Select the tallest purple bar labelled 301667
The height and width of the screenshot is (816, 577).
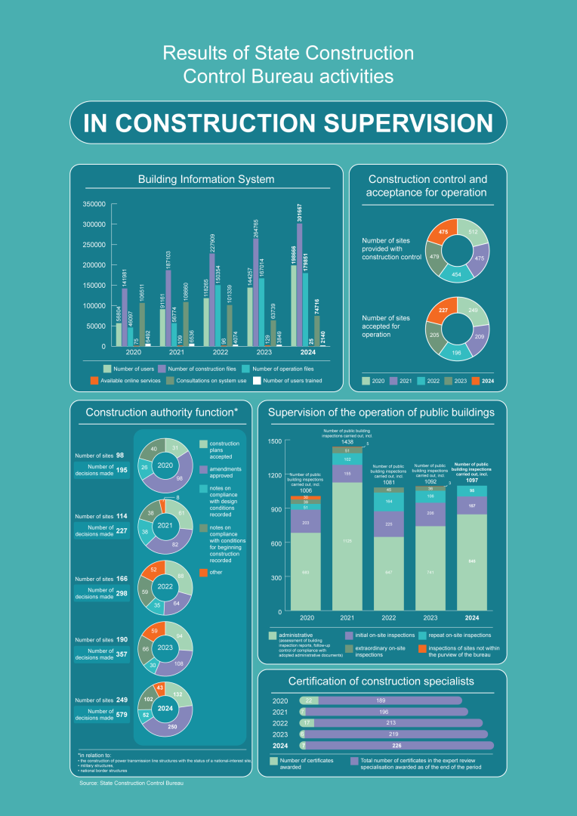coord(300,287)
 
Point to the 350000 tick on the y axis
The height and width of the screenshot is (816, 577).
coord(94,204)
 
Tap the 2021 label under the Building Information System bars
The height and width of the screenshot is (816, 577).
coord(176,353)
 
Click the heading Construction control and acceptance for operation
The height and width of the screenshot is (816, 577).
coord(427,186)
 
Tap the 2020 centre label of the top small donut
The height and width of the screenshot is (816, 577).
coord(165,465)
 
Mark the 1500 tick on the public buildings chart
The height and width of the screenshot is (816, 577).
coord(274,441)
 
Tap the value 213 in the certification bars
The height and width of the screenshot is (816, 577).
coord(402,722)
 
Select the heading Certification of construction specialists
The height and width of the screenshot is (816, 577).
coord(381,681)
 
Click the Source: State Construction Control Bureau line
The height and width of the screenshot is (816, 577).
coord(131,784)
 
